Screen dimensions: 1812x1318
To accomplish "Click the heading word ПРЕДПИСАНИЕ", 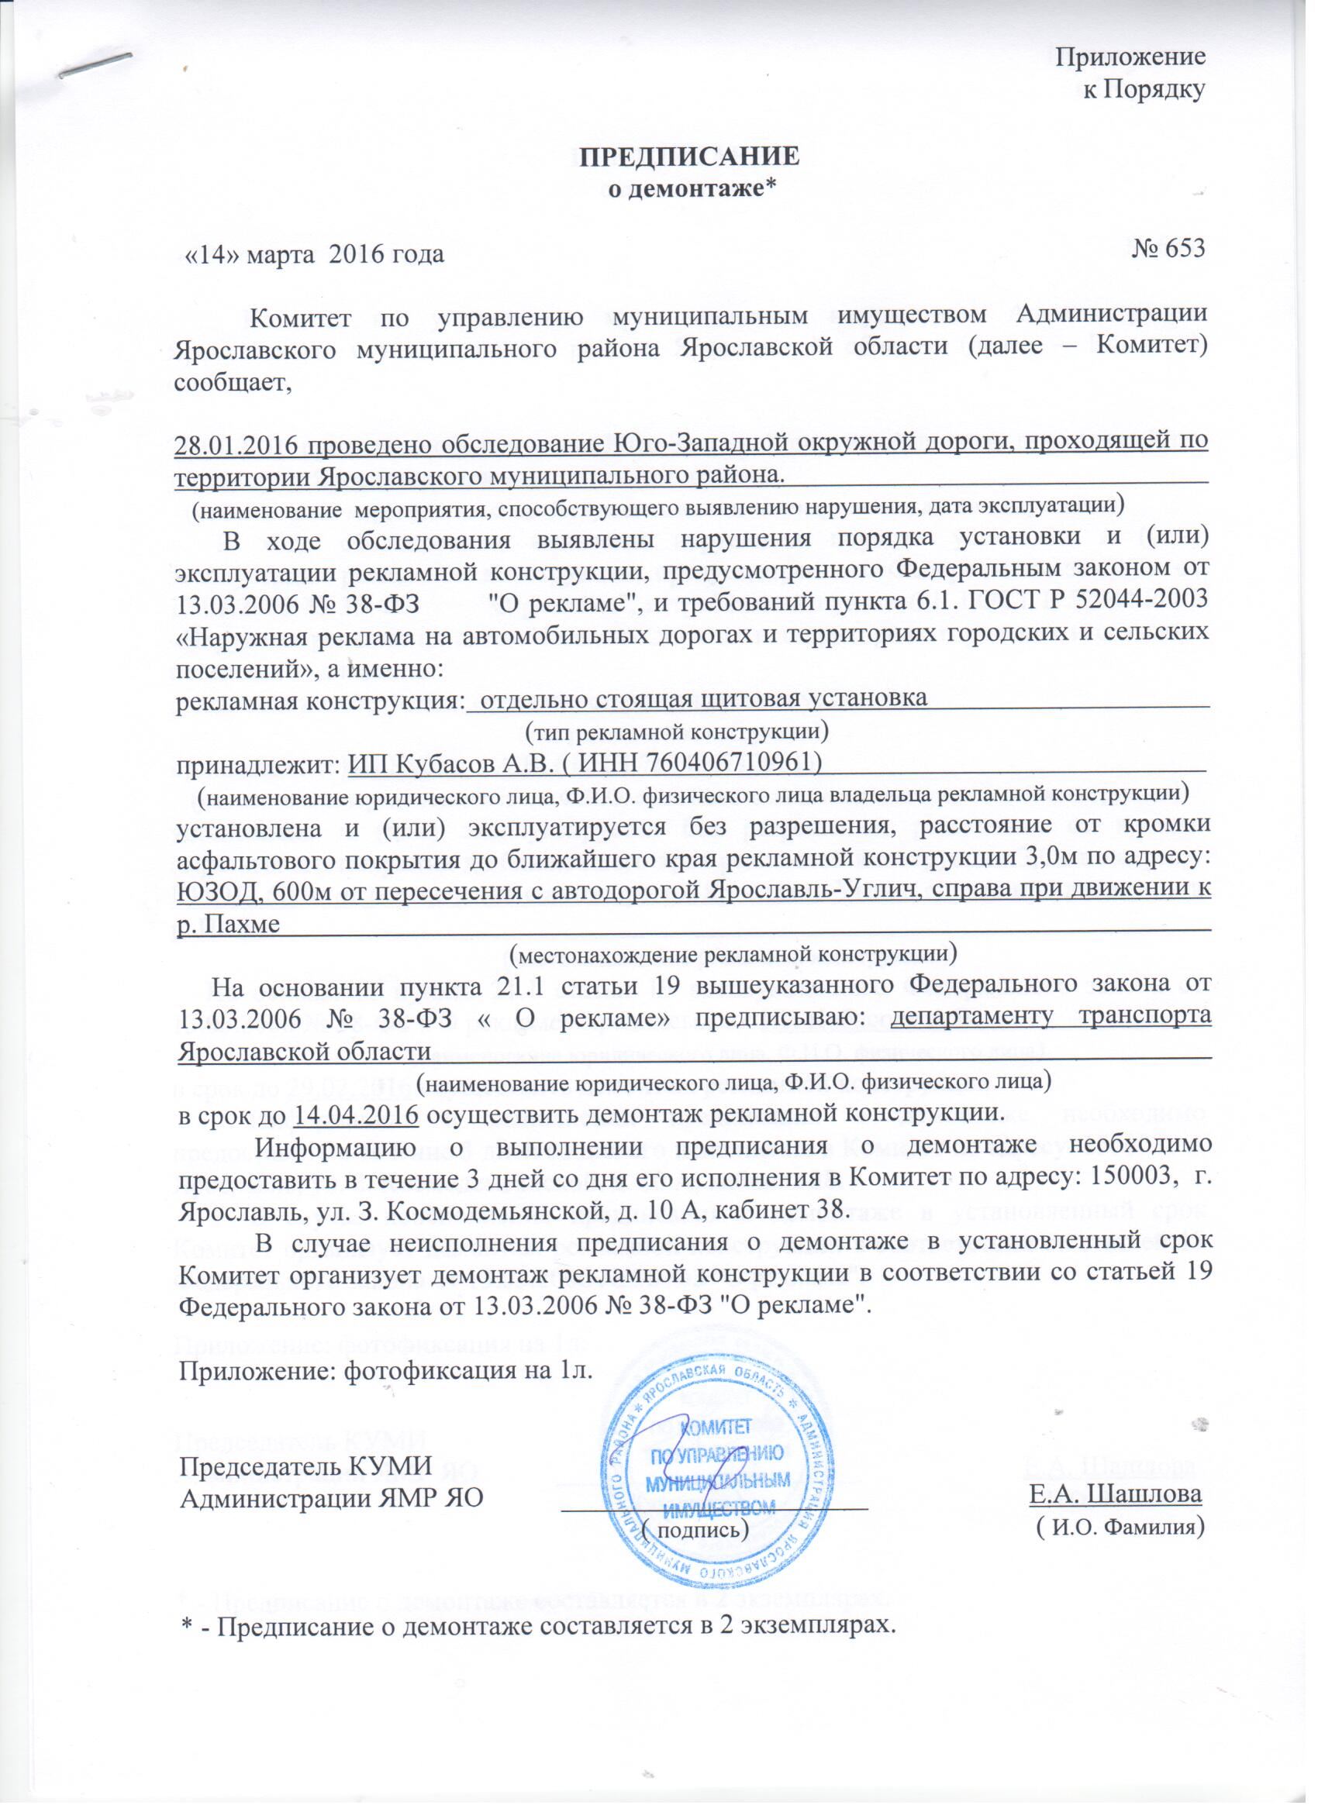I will pos(688,156).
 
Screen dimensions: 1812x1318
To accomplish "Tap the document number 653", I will pos(1182,249).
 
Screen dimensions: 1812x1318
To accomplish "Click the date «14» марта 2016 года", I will pos(314,255).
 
